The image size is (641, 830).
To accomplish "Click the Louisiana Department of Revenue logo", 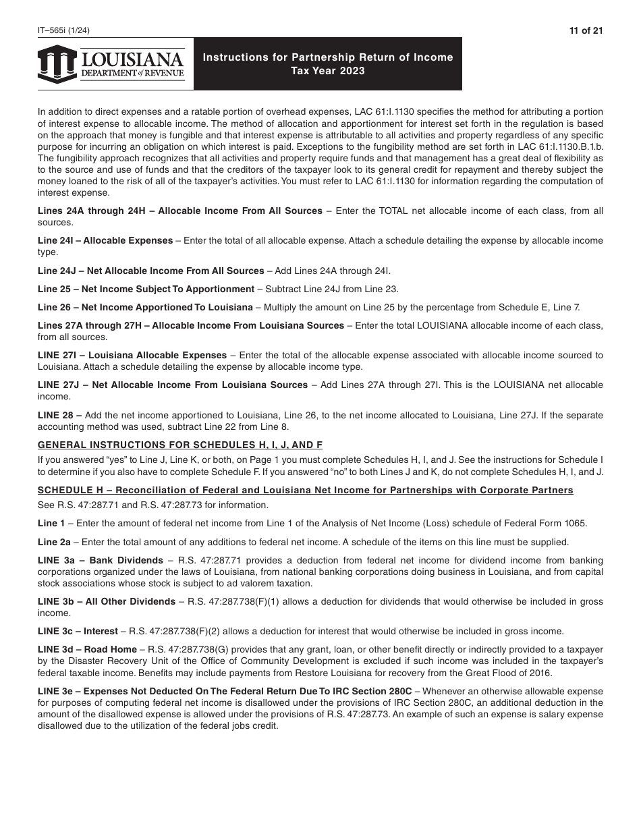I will pyautogui.click(x=111, y=64).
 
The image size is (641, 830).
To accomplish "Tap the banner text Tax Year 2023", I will pyautogui.click(x=328, y=71).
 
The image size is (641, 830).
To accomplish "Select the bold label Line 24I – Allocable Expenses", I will pyautogui.click(x=105, y=241).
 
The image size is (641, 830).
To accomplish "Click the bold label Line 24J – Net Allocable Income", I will pyautogui.click(x=150, y=271).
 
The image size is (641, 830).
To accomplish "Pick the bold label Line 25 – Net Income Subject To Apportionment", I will pyautogui.click(x=146, y=289).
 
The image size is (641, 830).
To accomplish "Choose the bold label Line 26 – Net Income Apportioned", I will pyautogui.click(x=145, y=308).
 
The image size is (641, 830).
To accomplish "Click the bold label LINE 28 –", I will pyautogui.click(x=59, y=415).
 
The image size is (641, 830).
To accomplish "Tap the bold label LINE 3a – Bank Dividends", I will pyautogui.click(x=100, y=561).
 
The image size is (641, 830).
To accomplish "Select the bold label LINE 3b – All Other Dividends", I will pyautogui.click(x=106, y=602).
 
